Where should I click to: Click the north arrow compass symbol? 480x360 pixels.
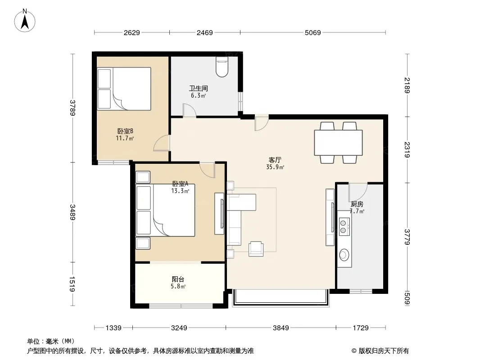click(25, 21)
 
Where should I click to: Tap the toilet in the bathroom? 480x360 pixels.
click(222, 67)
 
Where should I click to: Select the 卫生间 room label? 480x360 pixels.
click(199, 88)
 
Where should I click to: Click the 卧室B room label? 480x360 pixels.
click(125, 131)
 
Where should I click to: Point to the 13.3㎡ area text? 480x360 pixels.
click(180, 191)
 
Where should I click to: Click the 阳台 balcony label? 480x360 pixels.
click(178, 279)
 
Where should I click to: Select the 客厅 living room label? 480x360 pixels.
click(275, 160)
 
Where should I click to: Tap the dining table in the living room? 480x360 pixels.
click(338, 143)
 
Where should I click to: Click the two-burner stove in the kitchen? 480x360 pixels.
click(344, 226)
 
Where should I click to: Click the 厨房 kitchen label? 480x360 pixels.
click(357, 204)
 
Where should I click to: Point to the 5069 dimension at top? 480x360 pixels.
click(312, 32)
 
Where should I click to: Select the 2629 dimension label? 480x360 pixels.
click(131, 32)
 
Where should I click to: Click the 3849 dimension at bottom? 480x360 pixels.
click(281, 328)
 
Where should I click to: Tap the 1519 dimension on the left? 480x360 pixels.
click(72, 284)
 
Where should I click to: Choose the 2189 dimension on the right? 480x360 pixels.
click(407, 85)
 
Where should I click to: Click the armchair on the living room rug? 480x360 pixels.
click(256, 249)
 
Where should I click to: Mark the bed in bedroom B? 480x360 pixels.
click(124, 89)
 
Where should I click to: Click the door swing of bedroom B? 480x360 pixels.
click(161, 143)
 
